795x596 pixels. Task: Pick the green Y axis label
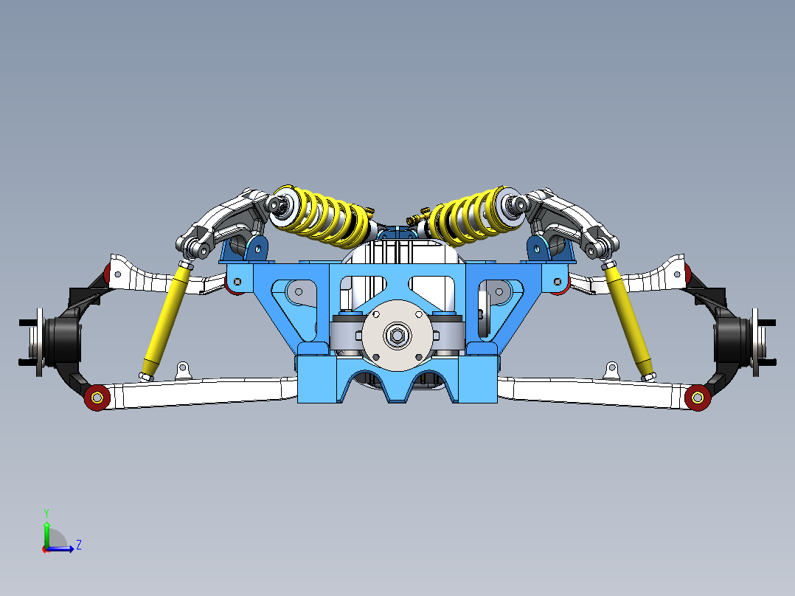coord(46,511)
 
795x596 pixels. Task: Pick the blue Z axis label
coord(78,545)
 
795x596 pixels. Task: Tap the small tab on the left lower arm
coord(183,368)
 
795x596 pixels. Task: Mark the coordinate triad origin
coord(46,548)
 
